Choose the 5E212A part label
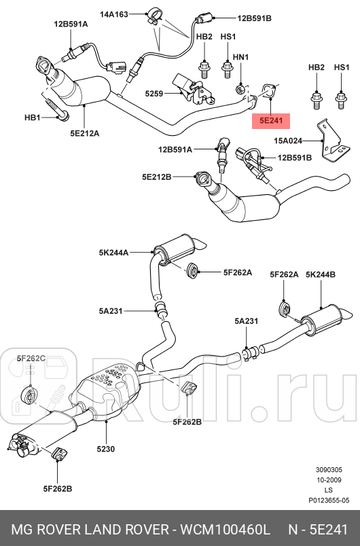[84, 133]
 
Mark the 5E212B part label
[157, 177]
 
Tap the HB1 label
[33, 117]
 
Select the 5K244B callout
[321, 274]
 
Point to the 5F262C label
[31, 357]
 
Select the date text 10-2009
[329, 479]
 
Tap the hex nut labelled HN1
[240, 88]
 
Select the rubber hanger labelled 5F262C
[31, 394]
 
